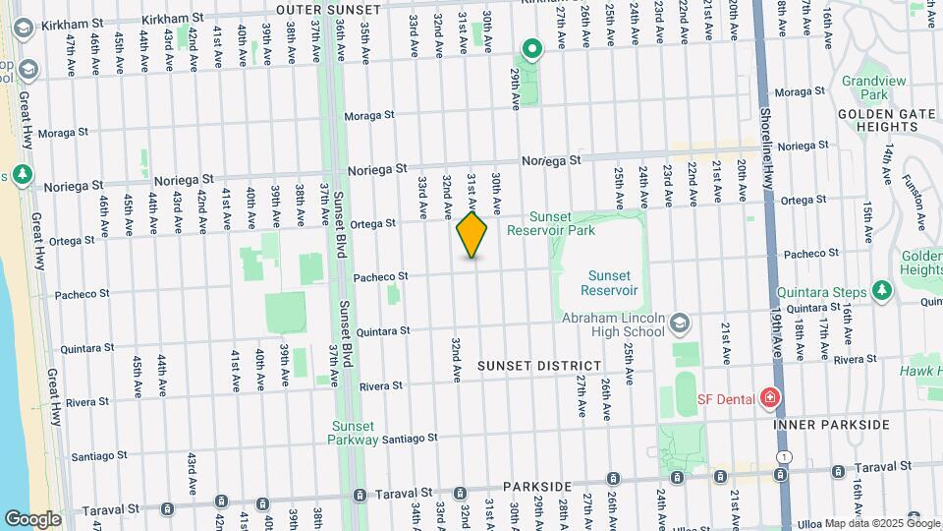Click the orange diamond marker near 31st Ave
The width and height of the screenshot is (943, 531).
coord(472,235)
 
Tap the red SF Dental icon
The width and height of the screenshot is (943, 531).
coord(770,398)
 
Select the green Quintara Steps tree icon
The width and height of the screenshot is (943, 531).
coord(882,291)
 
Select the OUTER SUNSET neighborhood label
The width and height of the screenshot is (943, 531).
coord(327,9)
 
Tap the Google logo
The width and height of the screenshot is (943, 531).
coord(32,518)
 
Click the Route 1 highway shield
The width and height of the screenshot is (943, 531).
coord(783,457)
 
